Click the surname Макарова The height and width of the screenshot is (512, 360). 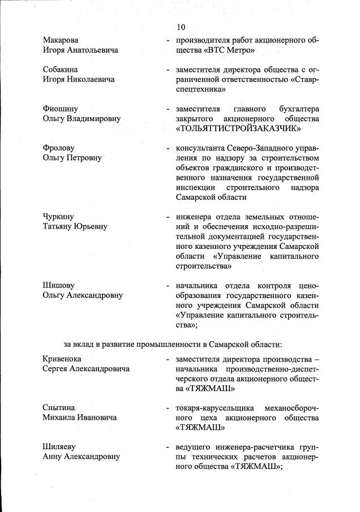click(x=61, y=41)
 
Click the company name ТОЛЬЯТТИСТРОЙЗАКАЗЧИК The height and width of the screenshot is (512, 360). click(x=237, y=129)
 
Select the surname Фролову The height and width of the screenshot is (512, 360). click(x=58, y=148)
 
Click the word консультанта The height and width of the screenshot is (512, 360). click(x=202, y=148)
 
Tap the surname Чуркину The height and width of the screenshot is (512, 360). click(x=58, y=217)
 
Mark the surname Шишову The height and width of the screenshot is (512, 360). click(x=59, y=286)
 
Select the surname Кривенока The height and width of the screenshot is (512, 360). click(x=62, y=359)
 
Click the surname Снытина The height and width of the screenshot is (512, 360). click(x=59, y=408)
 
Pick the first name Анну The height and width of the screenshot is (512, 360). click(x=53, y=457)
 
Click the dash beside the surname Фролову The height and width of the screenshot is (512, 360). click(x=167, y=148)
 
